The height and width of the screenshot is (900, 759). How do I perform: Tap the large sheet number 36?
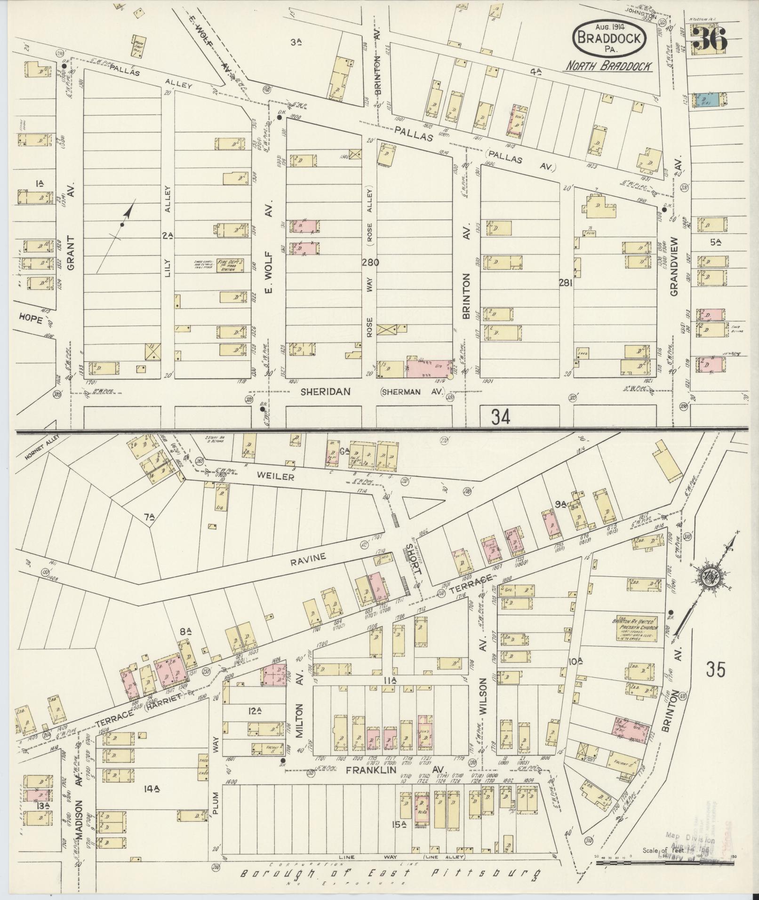tap(710, 40)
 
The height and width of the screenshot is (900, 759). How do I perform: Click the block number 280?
tap(370, 262)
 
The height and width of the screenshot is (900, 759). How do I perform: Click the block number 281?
tap(566, 283)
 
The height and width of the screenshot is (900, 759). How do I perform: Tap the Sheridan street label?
tap(326, 391)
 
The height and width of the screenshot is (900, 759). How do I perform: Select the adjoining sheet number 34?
tap(500, 416)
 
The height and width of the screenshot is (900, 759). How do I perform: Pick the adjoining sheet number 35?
tap(715, 669)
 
